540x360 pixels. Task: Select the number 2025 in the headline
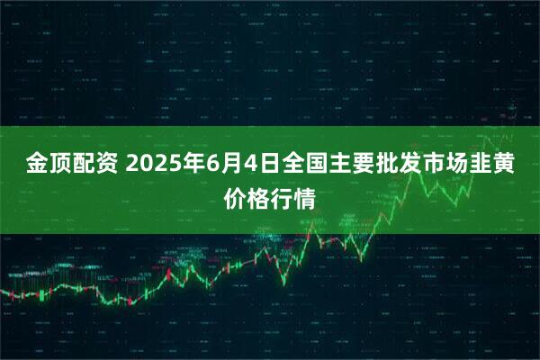coord(156,164)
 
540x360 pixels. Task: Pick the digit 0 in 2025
coord(149,164)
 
